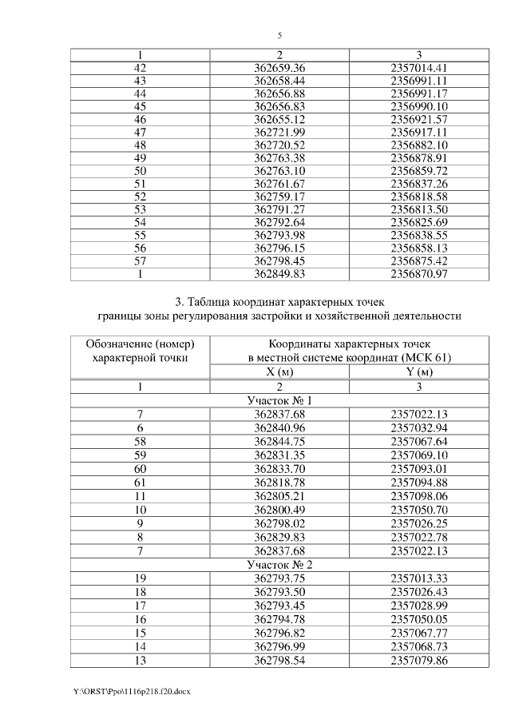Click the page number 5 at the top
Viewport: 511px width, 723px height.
(279, 36)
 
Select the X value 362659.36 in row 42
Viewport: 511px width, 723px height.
(279, 68)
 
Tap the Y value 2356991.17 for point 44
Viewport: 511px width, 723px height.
(418, 93)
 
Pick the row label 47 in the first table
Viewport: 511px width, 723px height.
(141, 132)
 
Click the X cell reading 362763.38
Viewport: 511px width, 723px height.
(279, 157)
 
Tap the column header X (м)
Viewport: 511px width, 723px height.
(279, 371)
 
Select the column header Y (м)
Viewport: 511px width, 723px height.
(418, 371)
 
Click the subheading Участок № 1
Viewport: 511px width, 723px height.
(279, 400)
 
